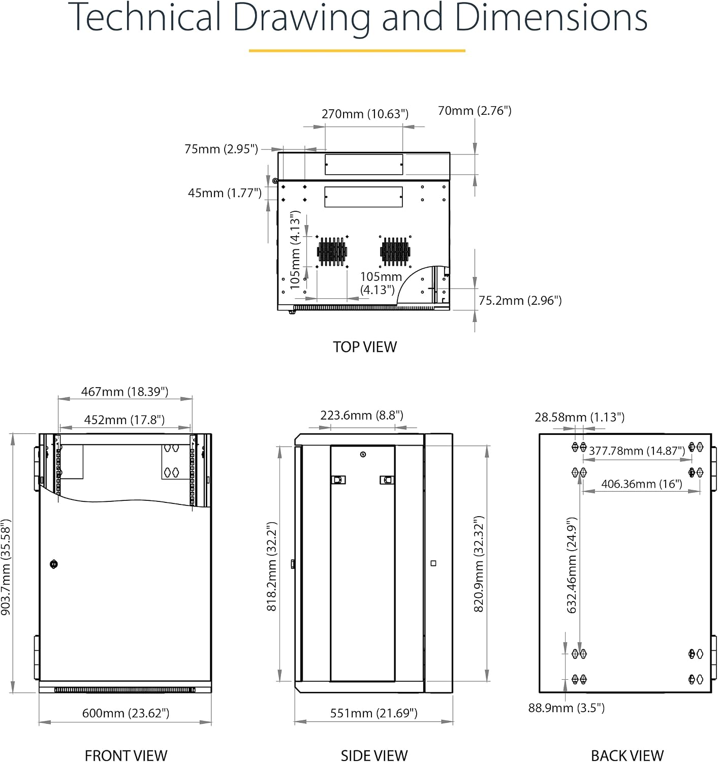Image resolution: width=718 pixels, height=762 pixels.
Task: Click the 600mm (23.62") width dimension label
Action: [x=126, y=713]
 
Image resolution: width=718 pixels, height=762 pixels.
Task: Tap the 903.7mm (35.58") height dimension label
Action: [x=6, y=567]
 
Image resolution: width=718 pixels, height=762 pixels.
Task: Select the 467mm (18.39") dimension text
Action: [x=125, y=391]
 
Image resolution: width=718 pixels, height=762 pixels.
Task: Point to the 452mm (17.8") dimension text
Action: [x=124, y=420]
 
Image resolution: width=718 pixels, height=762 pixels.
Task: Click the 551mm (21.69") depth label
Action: [x=373, y=713]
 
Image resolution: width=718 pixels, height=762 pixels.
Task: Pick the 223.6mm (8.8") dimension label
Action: [x=362, y=415]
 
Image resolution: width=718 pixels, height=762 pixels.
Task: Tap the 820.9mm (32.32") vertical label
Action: [x=478, y=564]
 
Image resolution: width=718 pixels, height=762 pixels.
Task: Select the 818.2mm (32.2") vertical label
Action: [x=272, y=566]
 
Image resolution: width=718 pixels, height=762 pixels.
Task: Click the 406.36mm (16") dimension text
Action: [x=642, y=484]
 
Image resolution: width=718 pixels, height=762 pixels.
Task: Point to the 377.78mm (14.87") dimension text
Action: [x=637, y=451]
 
